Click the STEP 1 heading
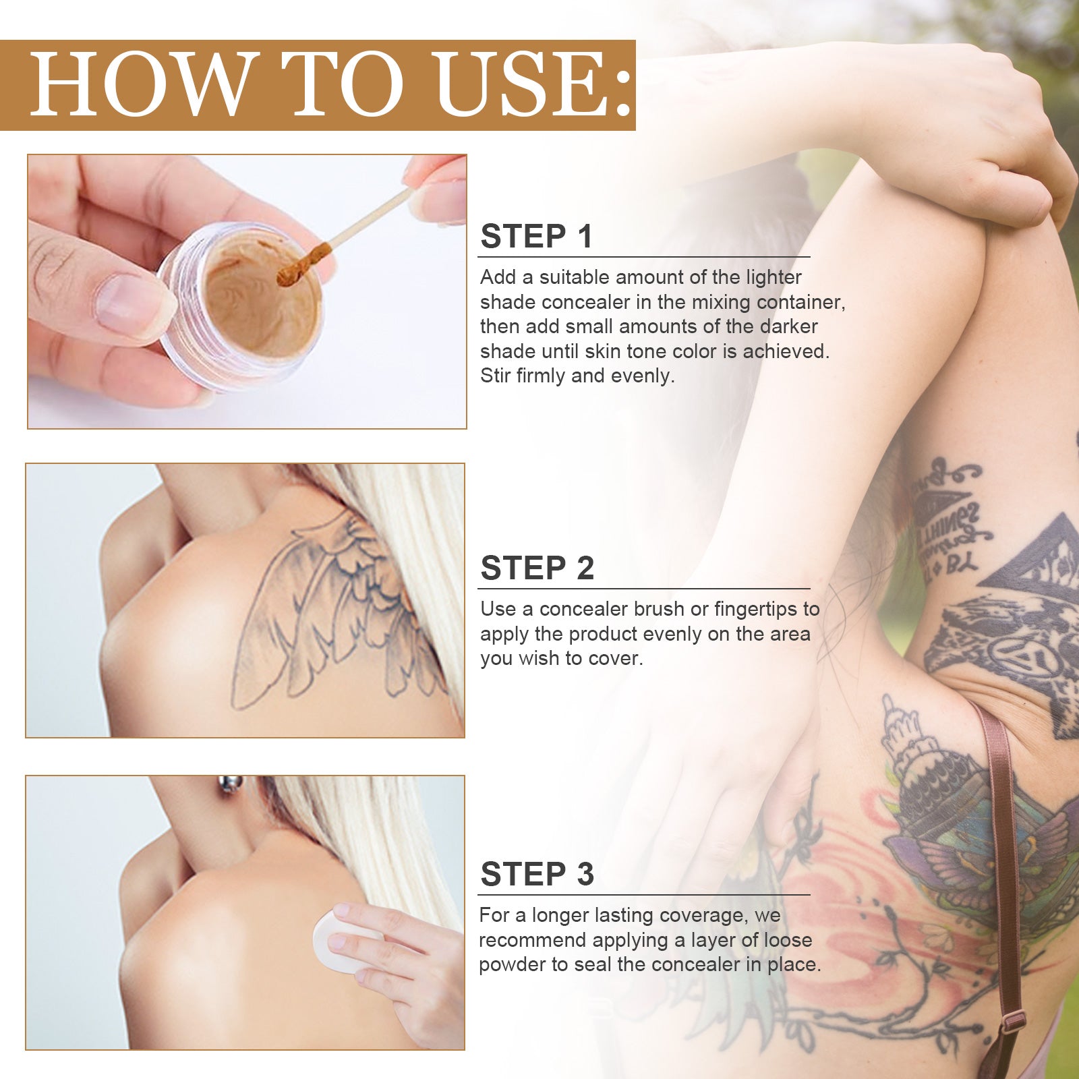pos(536,237)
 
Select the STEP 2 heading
pos(537,568)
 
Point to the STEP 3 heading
pos(537,874)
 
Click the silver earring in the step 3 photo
pos(230,785)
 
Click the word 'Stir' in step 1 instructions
pos(495,376)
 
